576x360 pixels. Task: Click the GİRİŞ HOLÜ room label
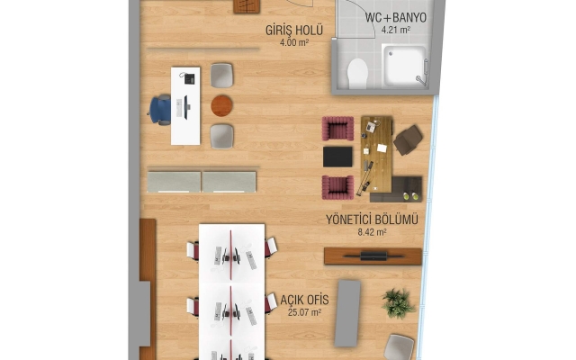coord(294,30)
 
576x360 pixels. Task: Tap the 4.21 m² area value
coord(396,30)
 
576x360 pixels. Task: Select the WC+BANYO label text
coord(396,17)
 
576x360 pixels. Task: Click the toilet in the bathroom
coord(357,74)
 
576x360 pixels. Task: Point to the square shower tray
coord(404,66)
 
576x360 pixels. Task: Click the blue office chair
coord(160,110)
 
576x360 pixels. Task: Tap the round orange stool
coord(221,106)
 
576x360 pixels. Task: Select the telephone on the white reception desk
coord(189,78)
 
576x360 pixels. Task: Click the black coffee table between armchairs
coord(337,157)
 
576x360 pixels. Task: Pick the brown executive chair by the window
coord(408,140)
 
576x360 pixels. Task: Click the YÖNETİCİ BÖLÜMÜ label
coord(372,220)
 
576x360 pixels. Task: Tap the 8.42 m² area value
coord(372,232)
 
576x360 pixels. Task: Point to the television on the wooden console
coord(373,256)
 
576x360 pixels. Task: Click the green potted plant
coord(398,303)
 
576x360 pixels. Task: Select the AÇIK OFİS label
coord(304,300)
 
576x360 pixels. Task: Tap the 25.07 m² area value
coord(304,312)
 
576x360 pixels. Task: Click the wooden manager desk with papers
coord(376,154)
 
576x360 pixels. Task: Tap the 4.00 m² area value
coord(294,42)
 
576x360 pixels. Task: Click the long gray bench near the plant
coord(347,313)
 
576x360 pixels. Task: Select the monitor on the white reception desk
coord(186,107)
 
